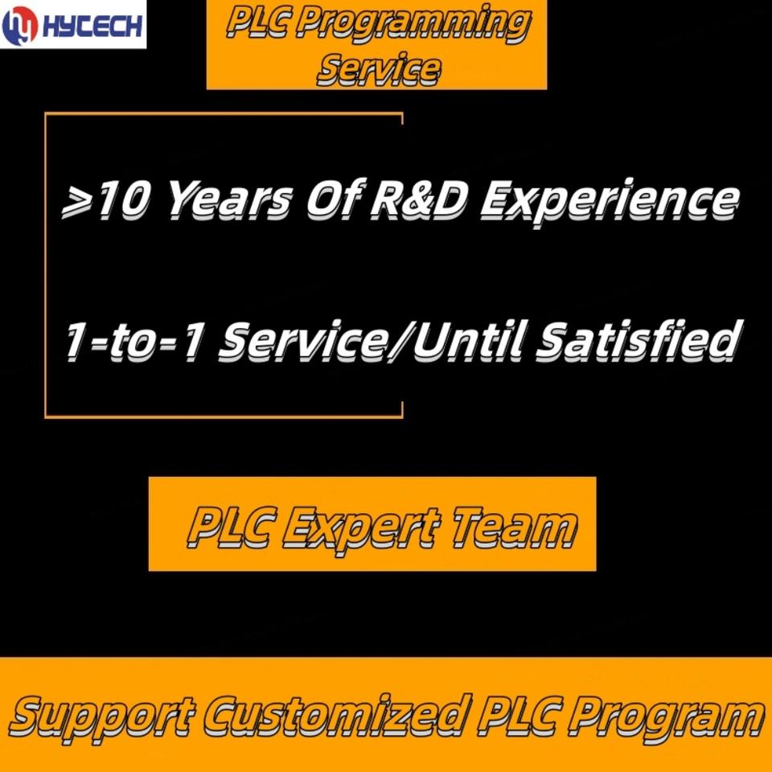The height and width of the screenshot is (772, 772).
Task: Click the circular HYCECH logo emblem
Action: point(20,26)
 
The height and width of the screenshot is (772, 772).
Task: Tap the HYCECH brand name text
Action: point(92,26)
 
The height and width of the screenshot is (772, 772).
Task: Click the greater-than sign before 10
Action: point(77,203)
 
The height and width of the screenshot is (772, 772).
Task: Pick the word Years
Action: point(229,200)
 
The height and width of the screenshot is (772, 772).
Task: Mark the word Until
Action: point(470,339)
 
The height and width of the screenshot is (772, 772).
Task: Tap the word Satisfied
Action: point(637,339)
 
